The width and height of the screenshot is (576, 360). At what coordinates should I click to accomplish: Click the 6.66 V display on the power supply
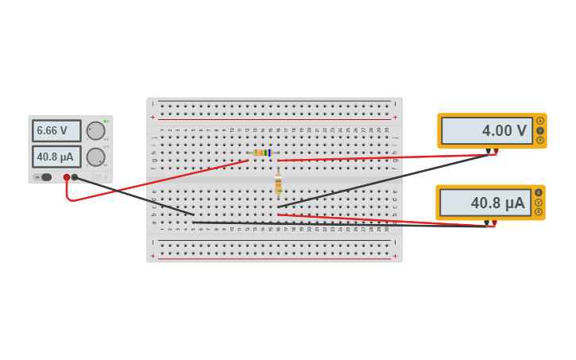click(x=56, y=130)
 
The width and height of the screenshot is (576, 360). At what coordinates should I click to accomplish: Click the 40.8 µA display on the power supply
click(x=56, y=157)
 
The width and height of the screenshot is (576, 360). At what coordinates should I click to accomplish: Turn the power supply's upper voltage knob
click(x=95, y=130)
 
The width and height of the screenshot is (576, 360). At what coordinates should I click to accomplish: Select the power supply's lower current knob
click(x=95, y=157)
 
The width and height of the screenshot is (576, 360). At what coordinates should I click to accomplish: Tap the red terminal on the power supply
click(x=67, y=177)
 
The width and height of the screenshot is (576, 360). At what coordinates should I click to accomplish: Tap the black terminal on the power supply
click(x=75, y=177)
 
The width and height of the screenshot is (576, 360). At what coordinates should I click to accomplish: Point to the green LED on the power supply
click(x=105, y=121)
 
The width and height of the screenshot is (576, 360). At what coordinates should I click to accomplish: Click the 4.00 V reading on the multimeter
click(x=486, y=130)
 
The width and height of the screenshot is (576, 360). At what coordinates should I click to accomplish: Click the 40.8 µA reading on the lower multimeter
click(x=485, y=203)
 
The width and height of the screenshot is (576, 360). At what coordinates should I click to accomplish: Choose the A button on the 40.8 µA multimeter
click(x=539, y=192)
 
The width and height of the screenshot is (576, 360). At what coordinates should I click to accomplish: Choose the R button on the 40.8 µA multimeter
click(x=539, y=212)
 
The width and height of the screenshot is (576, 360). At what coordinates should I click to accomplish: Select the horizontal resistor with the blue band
click(x=261, y=153)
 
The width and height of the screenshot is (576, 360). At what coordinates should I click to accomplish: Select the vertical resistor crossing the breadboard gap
click(x=278, y=184)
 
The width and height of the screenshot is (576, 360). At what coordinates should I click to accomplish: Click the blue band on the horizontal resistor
click(x=269, y=153)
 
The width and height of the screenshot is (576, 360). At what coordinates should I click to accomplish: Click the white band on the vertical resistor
click(x=278, y=177)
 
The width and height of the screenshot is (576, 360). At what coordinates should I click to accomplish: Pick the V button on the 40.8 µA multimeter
click(x=539, y=203)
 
